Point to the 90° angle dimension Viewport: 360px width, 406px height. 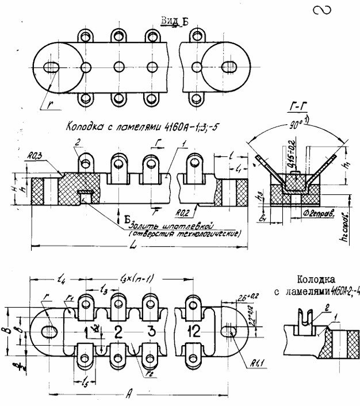tap(298, 123)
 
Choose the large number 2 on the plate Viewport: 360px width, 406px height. tap(118, 331)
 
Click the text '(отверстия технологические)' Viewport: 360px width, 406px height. tap(185, 233)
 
